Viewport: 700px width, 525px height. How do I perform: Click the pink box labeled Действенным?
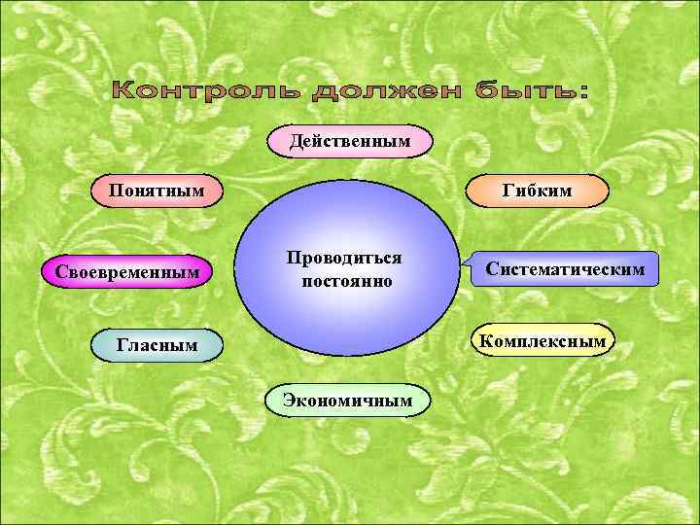[x=350, y=142]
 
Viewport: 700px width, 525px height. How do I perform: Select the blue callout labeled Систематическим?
[x=565, y=268]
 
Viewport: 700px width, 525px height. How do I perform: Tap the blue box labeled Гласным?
[x=157, y=343]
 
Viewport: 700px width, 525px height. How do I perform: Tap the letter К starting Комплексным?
[x=481, y=340]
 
